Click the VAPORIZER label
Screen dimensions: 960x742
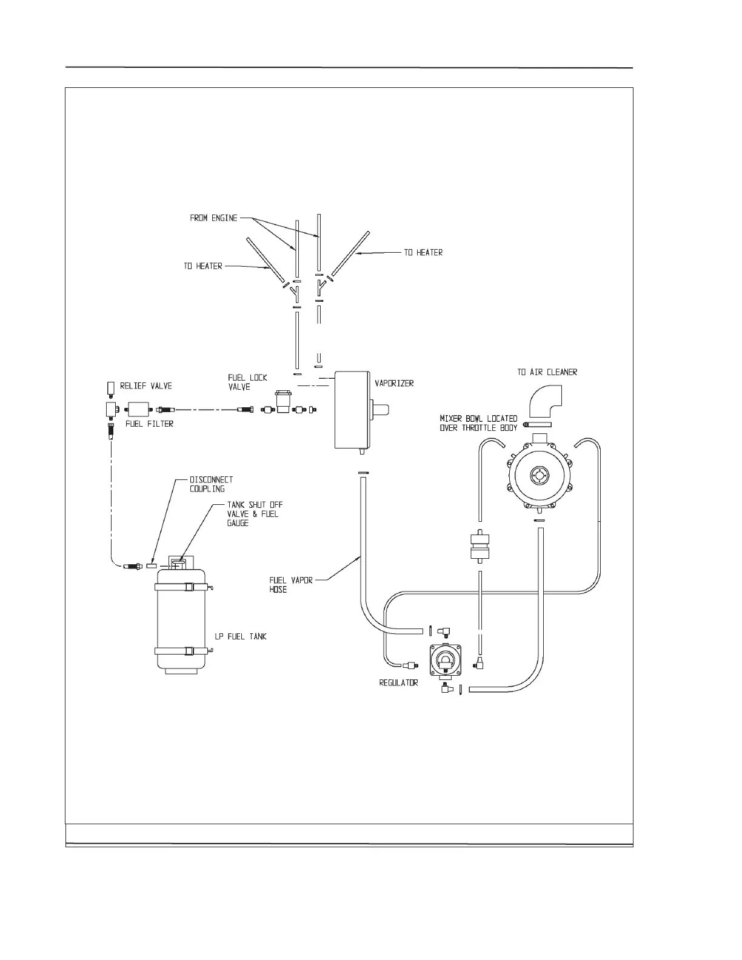click(394, 384)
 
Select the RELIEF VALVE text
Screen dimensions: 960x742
click(145, 386)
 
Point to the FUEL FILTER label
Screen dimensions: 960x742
click(149, 424)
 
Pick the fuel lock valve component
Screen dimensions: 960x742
click(283, 402)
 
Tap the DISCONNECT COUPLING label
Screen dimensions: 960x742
click(211, 484)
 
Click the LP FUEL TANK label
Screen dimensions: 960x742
click(241, 636)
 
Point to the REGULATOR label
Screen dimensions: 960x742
click(398, 683)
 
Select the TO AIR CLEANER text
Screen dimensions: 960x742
click(547, 372)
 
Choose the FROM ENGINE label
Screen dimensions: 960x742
click(213, 218)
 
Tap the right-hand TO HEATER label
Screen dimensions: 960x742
click(423, 252)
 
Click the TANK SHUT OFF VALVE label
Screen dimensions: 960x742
click(255, 513)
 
